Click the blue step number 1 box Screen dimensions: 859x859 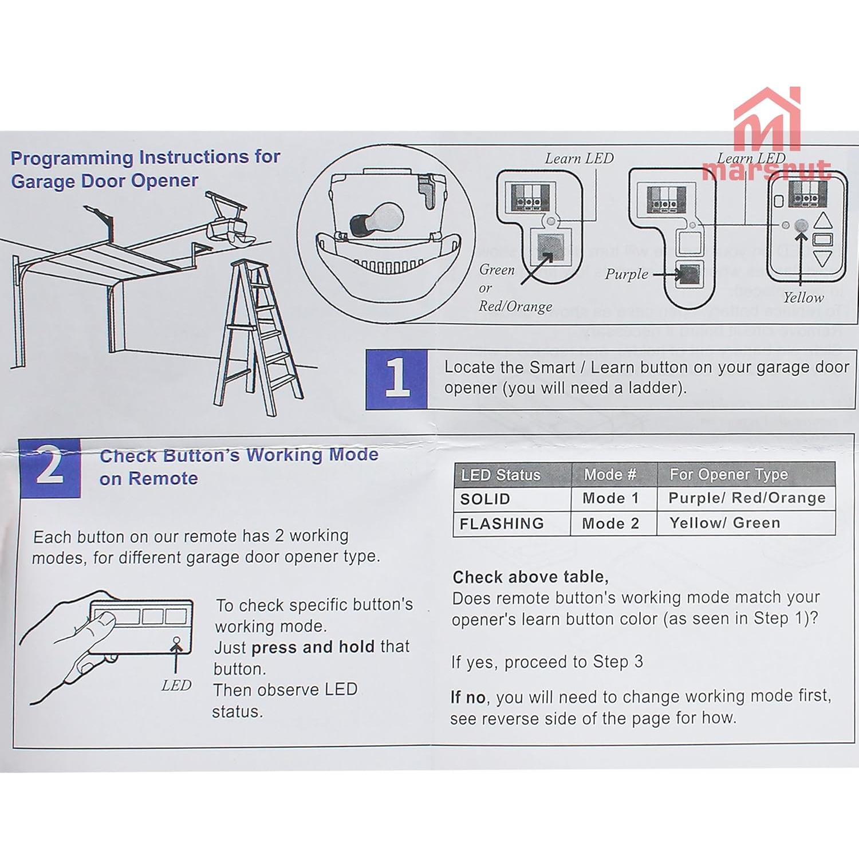[396, 379]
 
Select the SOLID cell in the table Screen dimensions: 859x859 [512, 499]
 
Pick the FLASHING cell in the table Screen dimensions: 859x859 [512, 523]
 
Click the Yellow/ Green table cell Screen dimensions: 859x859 [744, 523]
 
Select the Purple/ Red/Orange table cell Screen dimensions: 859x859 [746, 498]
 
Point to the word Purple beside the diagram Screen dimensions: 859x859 [626, 274]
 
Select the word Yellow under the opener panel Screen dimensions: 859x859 [803, 298]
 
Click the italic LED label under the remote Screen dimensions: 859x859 [176, 685]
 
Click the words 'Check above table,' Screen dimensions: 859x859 [530, 577]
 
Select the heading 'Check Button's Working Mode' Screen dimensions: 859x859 [239, 455]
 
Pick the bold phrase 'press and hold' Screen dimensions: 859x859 [313, 647]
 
